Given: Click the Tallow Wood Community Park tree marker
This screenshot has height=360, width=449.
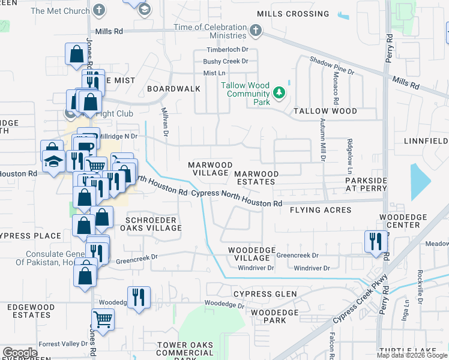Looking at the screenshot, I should click(279, 93).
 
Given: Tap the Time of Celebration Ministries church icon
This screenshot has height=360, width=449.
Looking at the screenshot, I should click(256, 30).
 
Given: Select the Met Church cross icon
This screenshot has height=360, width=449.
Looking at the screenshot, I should click(99, 10).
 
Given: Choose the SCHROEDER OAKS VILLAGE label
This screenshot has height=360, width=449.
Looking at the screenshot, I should click(151, 224).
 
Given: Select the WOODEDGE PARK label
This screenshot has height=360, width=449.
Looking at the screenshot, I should click(275, 316).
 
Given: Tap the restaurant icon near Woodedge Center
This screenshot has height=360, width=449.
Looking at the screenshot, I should click(376, 241).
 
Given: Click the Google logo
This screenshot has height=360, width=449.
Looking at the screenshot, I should click(20, 353).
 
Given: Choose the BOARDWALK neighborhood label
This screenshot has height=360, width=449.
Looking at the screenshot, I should click(174, 89).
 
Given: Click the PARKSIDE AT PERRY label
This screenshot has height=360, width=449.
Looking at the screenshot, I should click(366, 184).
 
